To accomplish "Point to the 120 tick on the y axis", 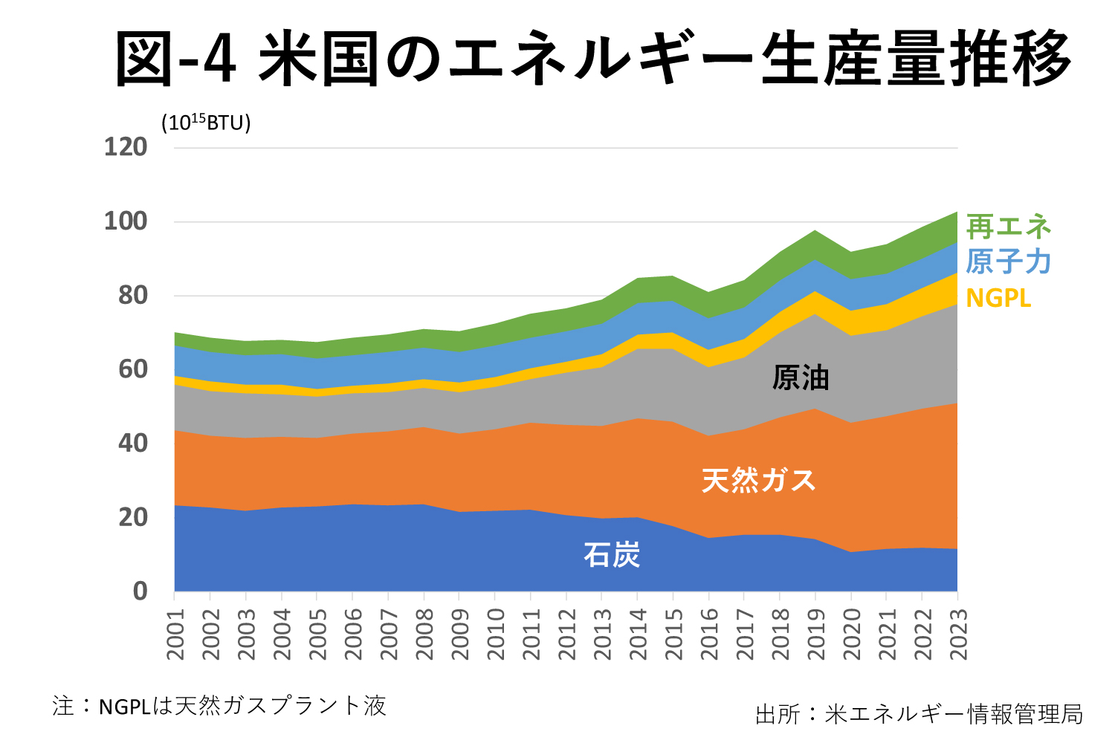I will (x=126, y=147).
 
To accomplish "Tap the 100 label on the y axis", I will (x=126, y=221).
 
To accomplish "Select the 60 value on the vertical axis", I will (x=133, y=369).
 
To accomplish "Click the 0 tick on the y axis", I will (x=140, y=591).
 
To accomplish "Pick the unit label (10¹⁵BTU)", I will (x=206, y=122).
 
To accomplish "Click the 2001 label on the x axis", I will (x=175, y=634).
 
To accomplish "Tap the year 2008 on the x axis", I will (x=424, y=634).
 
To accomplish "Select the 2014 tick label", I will (x=638, y=634).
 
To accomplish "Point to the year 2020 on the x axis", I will (x=852, y=634).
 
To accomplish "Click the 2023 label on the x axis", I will (x=959, y=634).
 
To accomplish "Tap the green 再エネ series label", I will (x=1008, y=226).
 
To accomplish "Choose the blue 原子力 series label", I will (x=1008, y=262).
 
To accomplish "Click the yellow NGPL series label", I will (x=998, y=298).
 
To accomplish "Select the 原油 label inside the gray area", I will (x=801, y=378).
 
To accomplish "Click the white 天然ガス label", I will (x=759, y=481).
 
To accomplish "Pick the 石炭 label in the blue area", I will (x=612, y=554).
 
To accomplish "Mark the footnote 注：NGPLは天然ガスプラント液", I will (x=220, y=705).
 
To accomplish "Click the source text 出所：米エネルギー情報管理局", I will (x=919, y=714).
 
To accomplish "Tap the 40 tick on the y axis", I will (x=133, y=444).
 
